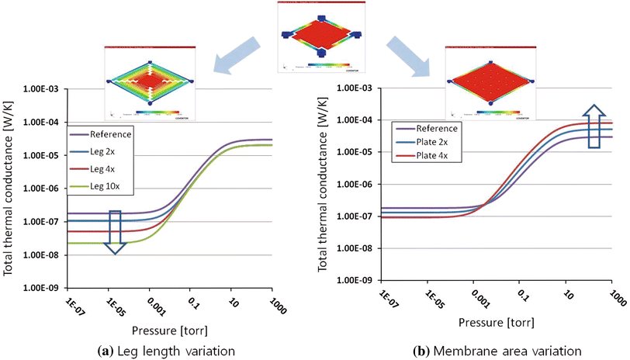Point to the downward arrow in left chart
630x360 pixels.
pyautogui.click(x=115, y=232)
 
